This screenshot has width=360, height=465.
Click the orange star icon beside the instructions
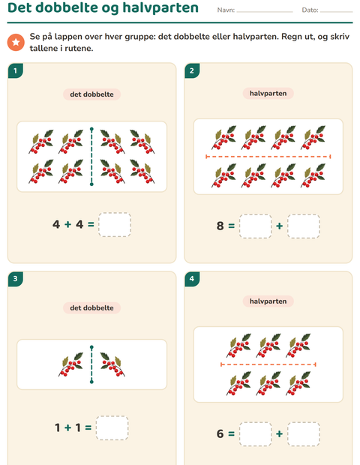16,42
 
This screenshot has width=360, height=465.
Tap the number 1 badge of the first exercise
16,70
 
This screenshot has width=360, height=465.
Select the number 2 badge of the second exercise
192,70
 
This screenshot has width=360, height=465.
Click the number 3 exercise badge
16,279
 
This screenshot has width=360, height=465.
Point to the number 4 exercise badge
192,279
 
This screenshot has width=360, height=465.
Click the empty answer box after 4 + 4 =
115,224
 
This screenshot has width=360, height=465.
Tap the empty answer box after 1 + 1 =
112,428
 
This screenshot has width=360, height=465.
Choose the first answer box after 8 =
255,226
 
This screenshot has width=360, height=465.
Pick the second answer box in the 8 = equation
304,226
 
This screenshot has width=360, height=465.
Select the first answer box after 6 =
255,433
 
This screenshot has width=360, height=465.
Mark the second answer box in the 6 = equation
304,433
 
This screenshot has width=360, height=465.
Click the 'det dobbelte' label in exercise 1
91,94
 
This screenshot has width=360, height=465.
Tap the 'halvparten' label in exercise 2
268,94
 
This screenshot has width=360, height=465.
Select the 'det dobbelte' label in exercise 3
91,307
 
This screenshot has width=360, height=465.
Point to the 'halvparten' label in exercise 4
268,301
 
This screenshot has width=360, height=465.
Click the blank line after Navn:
265,12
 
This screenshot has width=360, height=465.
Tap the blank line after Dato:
336,12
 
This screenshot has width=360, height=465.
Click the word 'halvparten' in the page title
160,7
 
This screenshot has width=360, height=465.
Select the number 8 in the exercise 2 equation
220,226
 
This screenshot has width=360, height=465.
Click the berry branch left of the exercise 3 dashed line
70,364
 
